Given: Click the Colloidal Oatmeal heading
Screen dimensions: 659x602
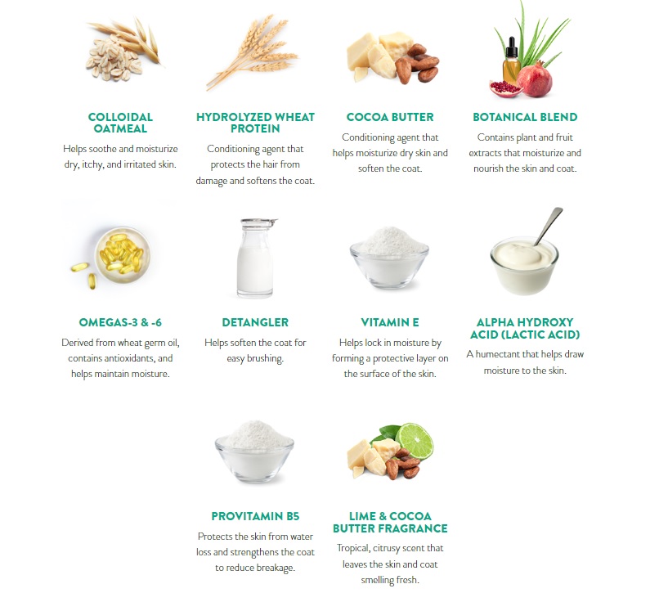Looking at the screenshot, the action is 120,123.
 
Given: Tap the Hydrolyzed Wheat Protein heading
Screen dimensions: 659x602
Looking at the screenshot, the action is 255,123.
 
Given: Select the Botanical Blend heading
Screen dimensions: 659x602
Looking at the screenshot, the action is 525,117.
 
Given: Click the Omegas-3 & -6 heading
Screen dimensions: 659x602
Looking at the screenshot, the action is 120,322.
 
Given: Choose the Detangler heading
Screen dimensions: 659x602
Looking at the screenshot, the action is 255,322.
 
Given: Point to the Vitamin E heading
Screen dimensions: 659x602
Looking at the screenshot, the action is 390,322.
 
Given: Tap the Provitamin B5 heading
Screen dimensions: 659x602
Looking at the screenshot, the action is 255,516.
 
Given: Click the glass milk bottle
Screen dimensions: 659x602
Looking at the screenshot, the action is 256,258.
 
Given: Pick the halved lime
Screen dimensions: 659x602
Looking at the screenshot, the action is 415,441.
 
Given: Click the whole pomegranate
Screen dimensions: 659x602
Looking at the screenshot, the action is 534,80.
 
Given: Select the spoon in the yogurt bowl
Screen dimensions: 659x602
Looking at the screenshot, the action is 549,226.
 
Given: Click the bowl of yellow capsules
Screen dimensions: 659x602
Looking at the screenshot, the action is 122,254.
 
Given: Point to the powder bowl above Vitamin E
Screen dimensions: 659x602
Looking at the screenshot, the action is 389,258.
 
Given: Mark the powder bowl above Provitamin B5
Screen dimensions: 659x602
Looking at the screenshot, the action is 255,451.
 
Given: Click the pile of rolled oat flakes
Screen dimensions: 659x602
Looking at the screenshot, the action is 114,60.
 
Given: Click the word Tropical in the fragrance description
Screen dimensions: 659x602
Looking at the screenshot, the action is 353,549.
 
